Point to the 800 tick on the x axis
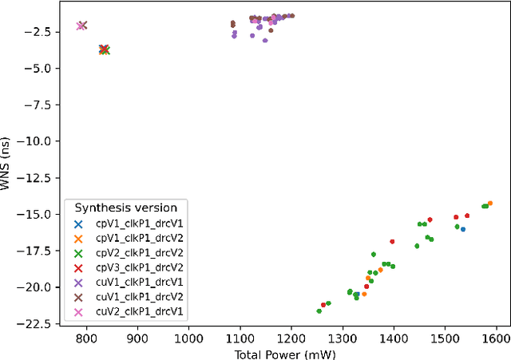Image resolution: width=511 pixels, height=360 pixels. pos(87,338)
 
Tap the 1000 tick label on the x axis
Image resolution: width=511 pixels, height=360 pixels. pos(189,338)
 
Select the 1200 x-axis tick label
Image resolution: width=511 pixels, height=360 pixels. pos(291,338)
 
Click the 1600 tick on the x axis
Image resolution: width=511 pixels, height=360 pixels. pos(496,338)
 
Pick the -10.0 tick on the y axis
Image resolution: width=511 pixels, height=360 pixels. pos(37,141)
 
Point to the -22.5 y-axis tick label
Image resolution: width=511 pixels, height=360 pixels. pos(37,323)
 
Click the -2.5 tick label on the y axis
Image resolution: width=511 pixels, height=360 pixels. pos(39,31)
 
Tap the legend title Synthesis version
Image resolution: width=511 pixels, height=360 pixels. pos(126,208)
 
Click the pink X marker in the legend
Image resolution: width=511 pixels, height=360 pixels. pos(78,311)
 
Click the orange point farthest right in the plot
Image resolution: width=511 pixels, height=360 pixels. pos(489,204)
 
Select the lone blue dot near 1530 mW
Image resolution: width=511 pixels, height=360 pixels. pos(463,229)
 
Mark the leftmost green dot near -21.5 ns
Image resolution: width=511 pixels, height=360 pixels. pos(319,311)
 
